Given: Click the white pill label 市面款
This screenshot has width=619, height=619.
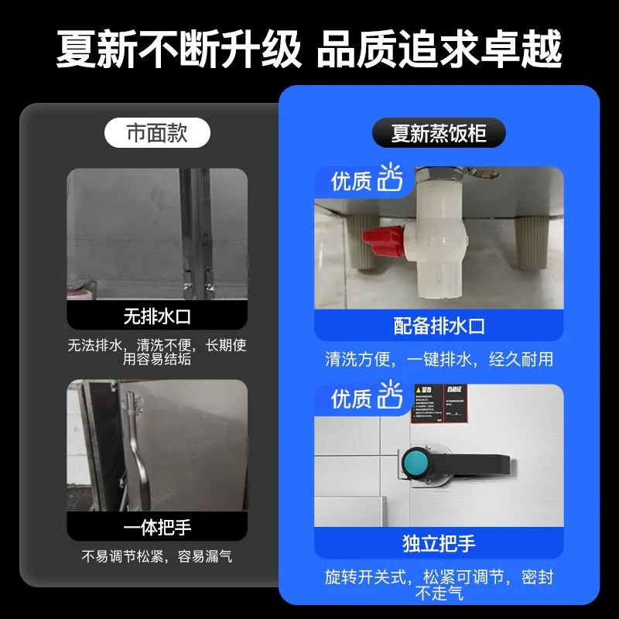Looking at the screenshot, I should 157,133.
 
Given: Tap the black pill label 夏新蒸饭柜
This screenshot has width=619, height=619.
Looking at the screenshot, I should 438,133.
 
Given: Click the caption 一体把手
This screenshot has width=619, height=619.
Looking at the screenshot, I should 157,528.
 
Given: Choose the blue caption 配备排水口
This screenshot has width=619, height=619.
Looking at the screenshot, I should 439,326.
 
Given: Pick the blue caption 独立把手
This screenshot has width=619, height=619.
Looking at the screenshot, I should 439,543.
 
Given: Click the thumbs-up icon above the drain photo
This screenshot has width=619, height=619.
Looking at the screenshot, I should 391,180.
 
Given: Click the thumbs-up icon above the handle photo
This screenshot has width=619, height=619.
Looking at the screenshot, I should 391,397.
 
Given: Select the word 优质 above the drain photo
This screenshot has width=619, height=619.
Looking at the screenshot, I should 351,182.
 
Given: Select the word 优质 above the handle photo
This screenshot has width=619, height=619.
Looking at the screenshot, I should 351,399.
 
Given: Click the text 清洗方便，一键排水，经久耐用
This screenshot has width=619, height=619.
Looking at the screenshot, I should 439,360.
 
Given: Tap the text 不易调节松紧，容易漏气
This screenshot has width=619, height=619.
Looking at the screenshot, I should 157,556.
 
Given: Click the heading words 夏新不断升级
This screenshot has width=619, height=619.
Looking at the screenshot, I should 178,50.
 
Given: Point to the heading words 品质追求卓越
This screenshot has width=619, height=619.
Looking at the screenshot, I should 439,50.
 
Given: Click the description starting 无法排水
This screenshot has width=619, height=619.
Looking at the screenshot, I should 157,352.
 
